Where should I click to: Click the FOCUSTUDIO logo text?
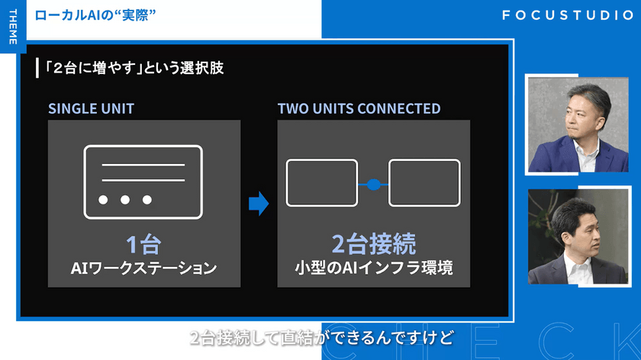568,15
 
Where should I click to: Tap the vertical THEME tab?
13,27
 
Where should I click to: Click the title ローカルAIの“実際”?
95,15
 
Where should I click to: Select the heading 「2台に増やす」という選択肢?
134,68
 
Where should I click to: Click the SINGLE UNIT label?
91,109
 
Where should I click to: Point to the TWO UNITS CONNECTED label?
359,109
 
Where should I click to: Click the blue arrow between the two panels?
259,203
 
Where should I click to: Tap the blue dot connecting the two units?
373,185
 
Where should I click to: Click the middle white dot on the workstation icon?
125,199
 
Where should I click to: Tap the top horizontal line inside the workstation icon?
143,165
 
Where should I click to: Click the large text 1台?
143,244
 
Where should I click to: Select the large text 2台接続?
374,244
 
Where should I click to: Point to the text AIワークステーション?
143,268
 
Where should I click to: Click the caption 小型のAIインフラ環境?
374,268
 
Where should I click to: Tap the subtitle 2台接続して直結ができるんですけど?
322,338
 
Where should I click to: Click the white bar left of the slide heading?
37,68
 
